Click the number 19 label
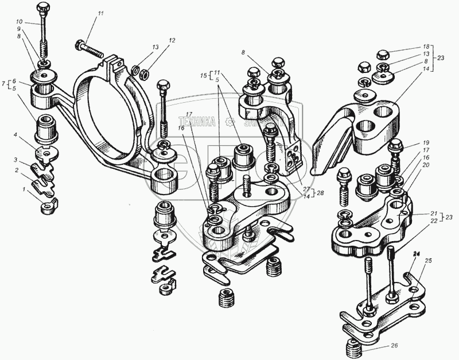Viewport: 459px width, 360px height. pos(425,142)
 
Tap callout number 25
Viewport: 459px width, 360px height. pos(427,261)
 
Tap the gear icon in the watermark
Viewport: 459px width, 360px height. pos(230,121)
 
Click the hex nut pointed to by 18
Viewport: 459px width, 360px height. pos(384,56)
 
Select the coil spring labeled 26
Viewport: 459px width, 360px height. pos(351,349)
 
